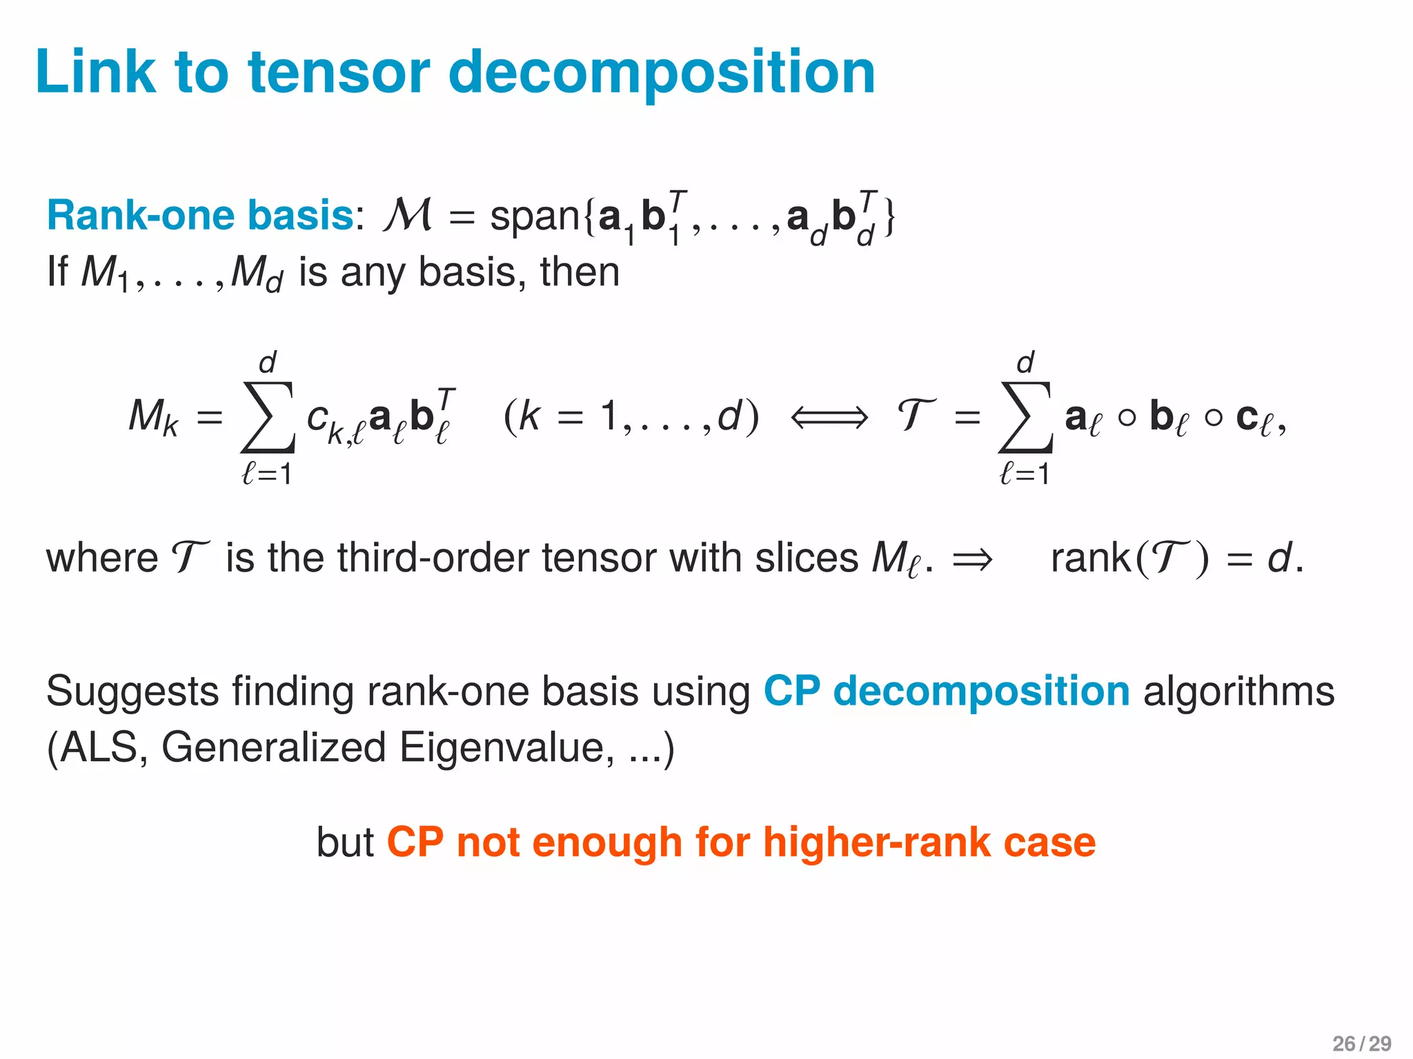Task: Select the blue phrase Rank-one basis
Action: (x=200, y=215)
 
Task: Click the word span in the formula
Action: (x=535, y=216)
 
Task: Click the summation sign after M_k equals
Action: (x=268, y=417)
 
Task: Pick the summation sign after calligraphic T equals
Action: (x=1025, y=417)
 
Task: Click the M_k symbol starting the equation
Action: (x=153, y=418)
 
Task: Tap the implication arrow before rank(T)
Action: (x=972, y=559)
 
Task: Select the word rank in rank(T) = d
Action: (x=1090, y=558)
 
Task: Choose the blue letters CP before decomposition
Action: (x=791, y=691)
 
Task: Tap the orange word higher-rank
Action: (x=876, y=843)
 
